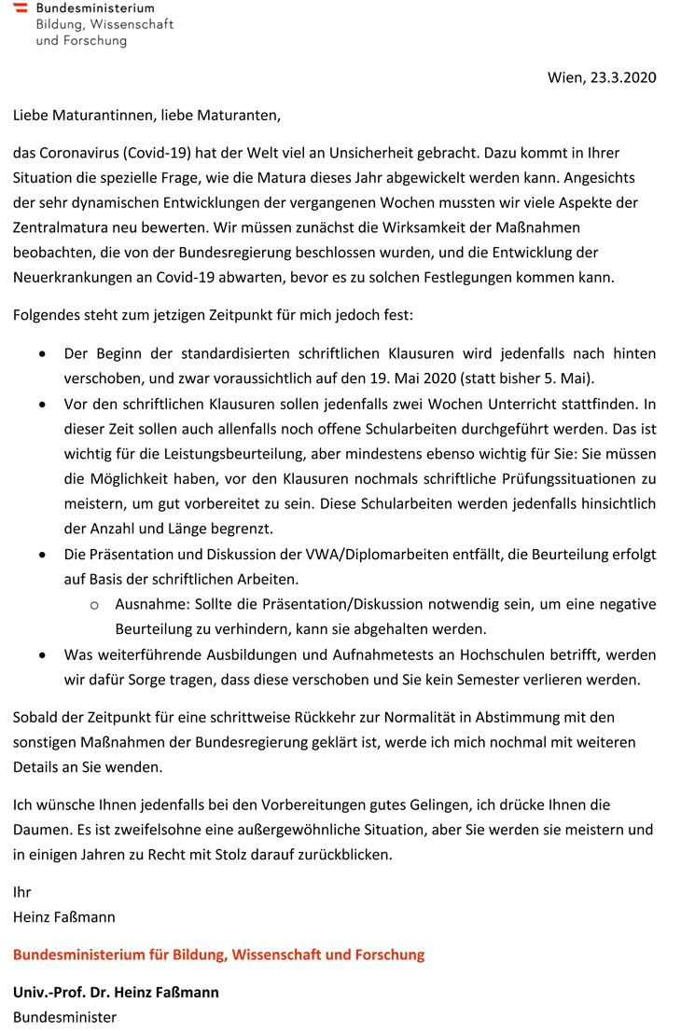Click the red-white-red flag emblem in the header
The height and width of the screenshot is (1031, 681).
[20, 8]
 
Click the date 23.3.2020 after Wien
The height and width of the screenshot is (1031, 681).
[623, 77]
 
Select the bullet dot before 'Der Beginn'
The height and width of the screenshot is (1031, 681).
[43, 354]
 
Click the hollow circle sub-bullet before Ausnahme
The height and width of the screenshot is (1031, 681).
[94, 605]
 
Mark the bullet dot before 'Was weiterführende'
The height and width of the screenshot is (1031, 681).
[43, 655]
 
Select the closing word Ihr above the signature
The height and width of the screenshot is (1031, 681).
[21, 892]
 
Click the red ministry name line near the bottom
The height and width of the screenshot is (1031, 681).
[218, 955]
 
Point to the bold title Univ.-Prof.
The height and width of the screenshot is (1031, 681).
[51, 992]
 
